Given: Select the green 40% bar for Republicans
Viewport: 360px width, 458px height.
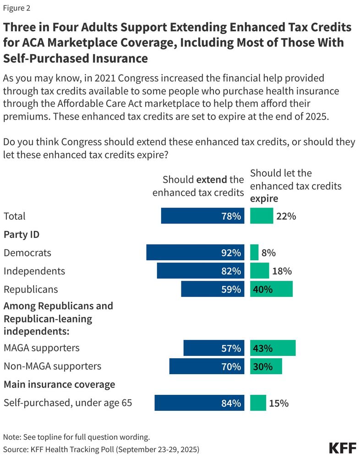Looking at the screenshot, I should pos(271,289).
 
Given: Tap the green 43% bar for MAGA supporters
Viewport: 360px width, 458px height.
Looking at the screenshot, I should pos(273,349).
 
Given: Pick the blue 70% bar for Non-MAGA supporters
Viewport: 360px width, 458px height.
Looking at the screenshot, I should pos(207,367).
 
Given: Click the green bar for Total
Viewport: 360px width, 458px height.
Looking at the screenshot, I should pos(262,216).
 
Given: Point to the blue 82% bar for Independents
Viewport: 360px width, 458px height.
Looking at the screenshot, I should pos(201,271).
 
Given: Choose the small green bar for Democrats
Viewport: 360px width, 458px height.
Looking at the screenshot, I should pos(254,253).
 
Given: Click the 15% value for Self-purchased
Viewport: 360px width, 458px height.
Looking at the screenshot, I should pos(279,403).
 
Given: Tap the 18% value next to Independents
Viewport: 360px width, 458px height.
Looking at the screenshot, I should pos(282,271).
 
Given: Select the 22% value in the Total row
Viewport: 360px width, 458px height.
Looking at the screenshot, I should pos(286,216).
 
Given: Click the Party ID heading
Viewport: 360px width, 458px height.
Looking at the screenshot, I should pos(22,234).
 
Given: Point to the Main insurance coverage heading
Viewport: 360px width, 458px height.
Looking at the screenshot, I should pos(59,384).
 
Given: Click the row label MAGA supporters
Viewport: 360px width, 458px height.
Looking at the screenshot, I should pos(41,348).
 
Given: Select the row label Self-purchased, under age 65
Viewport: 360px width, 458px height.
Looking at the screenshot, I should pos(68,403).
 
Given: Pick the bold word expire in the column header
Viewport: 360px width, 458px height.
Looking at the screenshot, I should pos(264,200).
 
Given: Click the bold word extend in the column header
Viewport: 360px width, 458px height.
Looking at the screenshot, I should pos(212,179).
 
